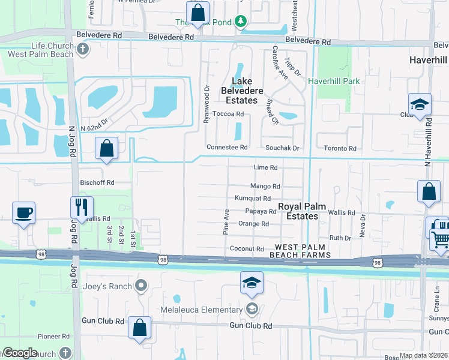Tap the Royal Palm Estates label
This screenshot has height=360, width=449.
[302, 211]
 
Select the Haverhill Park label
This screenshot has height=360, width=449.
[334, 80]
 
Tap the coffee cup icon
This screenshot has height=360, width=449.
[23, 213]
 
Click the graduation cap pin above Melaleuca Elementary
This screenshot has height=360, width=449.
[252, 283]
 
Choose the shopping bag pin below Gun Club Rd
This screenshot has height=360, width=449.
[139, 328]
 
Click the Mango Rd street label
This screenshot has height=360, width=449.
[266, 187]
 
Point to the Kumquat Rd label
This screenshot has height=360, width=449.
[253, 199]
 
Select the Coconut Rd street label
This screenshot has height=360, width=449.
[246, 248]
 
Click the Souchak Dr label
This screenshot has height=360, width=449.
[280, 148]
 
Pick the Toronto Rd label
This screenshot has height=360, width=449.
[340, 148]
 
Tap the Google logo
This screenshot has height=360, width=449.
[20, 353]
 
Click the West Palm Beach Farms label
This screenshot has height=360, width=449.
[303, 251]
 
